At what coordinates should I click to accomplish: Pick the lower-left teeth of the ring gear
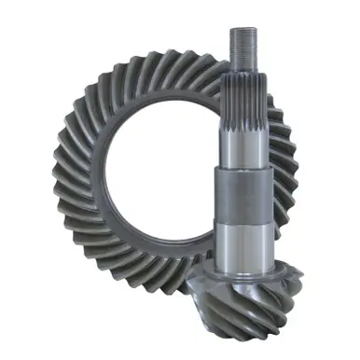tap(79, 252)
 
